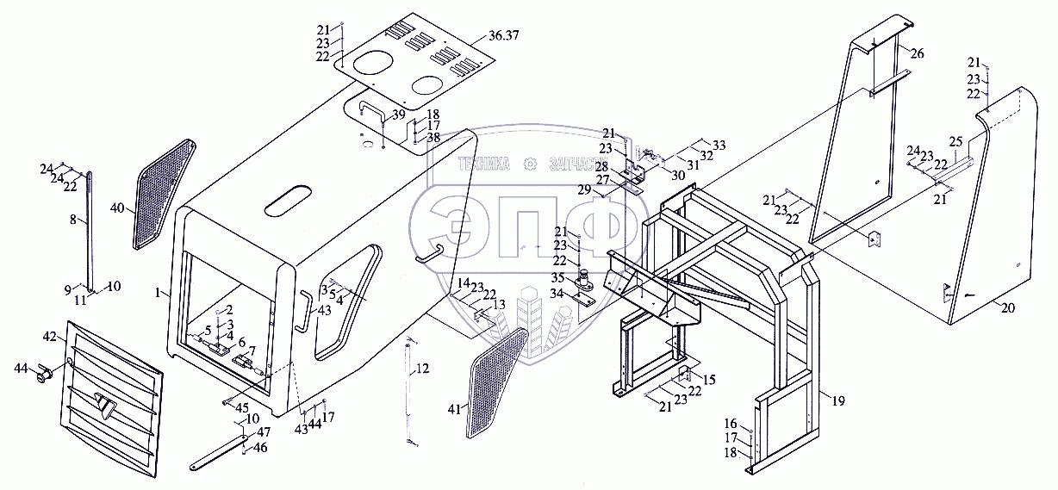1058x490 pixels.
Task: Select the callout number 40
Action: (117, 208)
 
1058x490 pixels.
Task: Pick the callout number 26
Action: (917, 54)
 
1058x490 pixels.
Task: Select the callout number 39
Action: (398, 115)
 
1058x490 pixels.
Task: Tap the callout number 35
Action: (558, 278)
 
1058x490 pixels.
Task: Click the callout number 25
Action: (955, 141)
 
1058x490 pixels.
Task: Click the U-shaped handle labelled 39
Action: (370, 109)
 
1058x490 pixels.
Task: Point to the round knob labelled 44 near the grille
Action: (43, 374)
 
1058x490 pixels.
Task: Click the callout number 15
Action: (709, 380)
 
